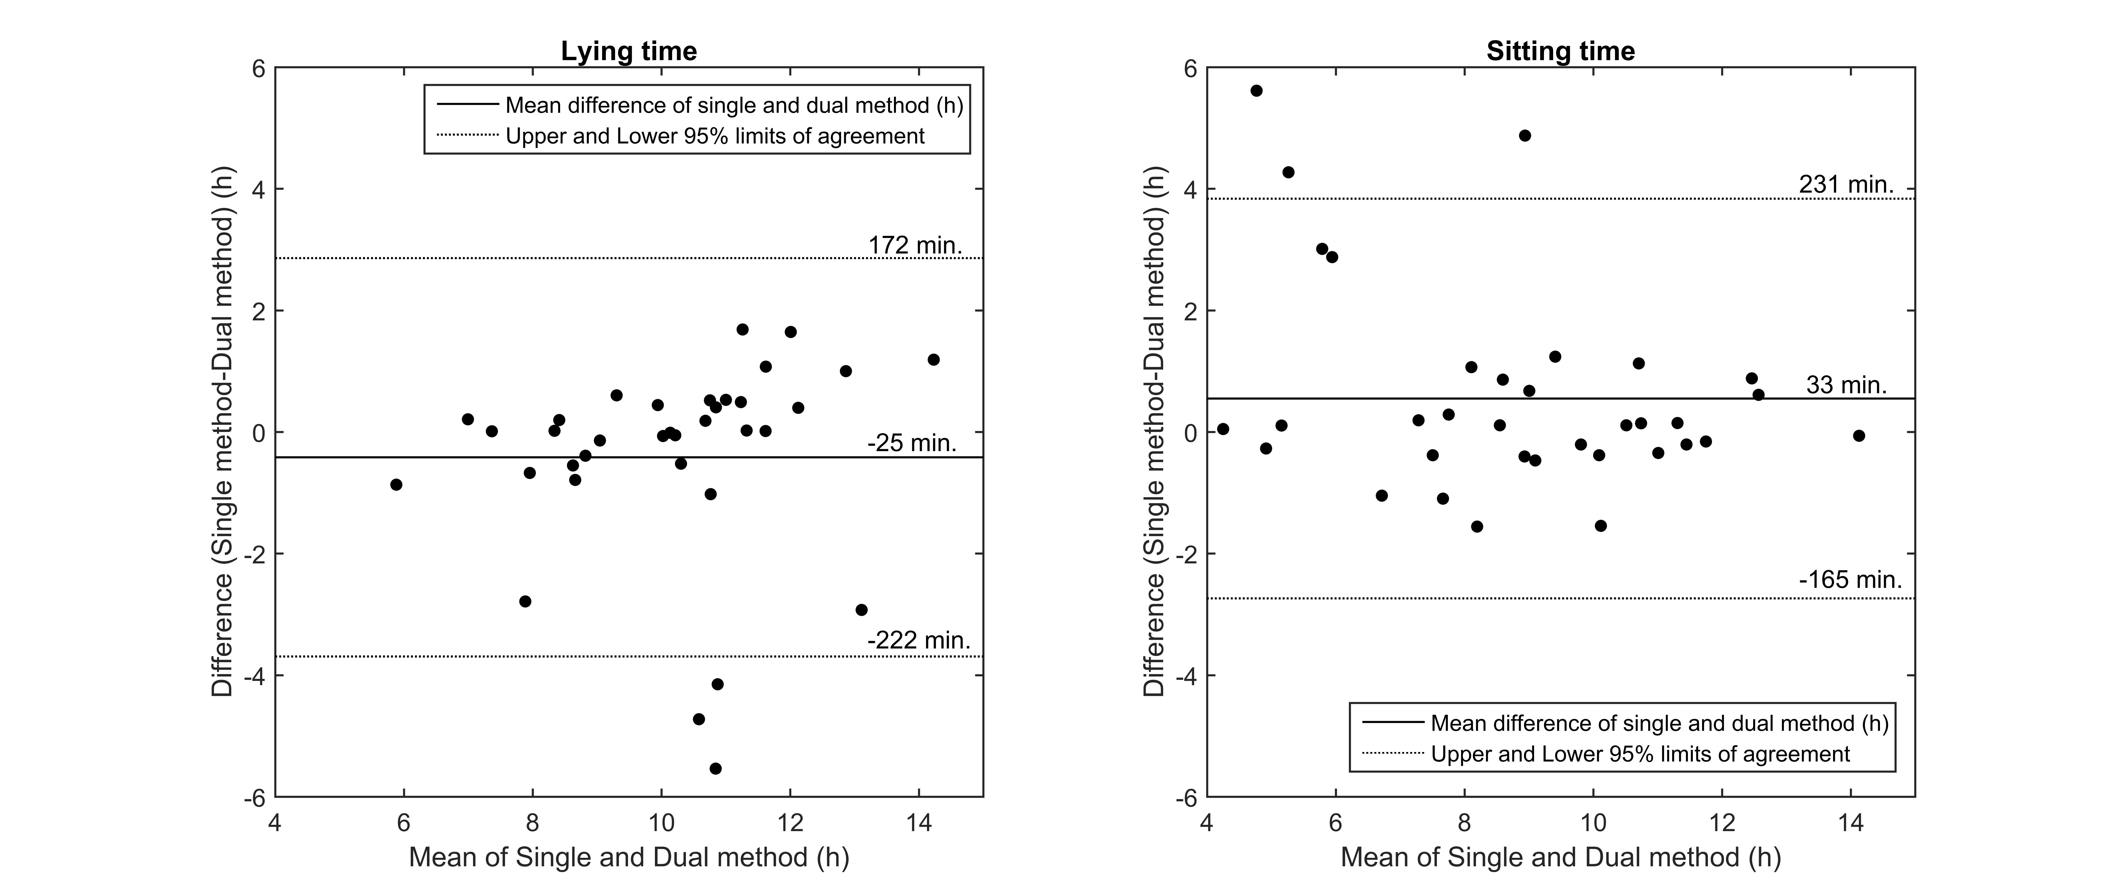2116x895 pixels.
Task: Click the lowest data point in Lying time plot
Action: pyautogui.click(x=716, y=768)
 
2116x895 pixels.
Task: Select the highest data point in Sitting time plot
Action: pyautogui.click(x=1256, y=90)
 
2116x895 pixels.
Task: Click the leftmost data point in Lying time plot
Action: pyautogui.click(x=396, y=485)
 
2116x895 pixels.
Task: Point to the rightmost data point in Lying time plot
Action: pyautogui.click(x=933, y=360)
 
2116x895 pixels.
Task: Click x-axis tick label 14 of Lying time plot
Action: pyautogui.click(x=919, y=823)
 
